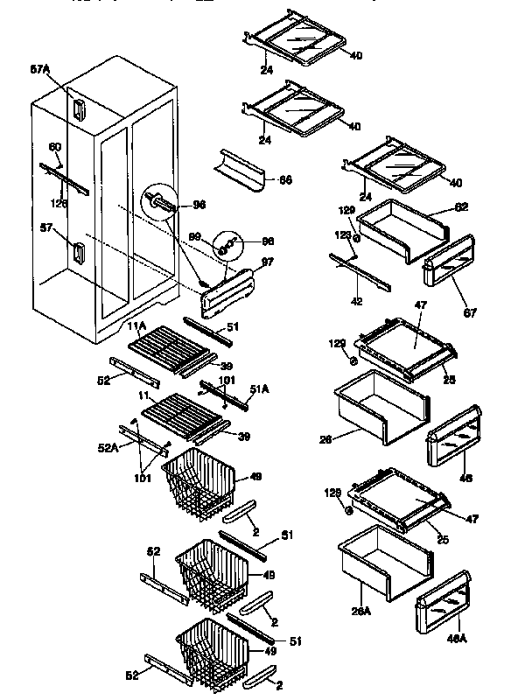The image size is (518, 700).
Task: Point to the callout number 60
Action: [55, 148]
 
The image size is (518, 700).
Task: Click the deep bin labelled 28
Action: [381, 404]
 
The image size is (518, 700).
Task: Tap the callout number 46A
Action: [456, 639]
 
